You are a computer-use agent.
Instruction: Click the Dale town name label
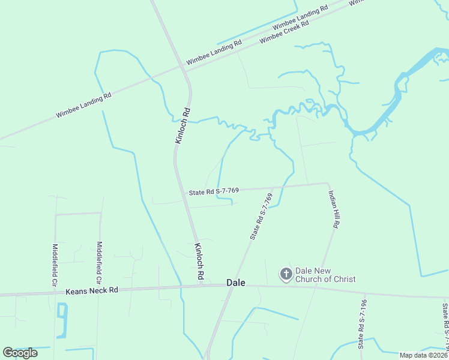pyautogui.click(x=236, y=283)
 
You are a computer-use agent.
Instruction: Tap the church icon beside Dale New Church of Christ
pyautogui.click(x=286, y=275)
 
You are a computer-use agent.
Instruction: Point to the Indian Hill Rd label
pyautogui.click(x=334, y=209)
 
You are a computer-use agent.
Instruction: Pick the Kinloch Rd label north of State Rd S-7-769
pyautogui.click(x=182, y=125)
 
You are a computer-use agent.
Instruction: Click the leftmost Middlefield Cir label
pyautogui.click(x=55, y=265)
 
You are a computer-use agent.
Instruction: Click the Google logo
pyautogui.click(x=20, y=353)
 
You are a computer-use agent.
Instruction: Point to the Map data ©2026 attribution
pyautogui.click(x=423, y=355)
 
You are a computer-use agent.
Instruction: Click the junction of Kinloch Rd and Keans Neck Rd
pyautogui.click(x=200, y=286)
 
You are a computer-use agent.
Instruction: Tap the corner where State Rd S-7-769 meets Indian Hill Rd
pyautogui.click(x=327, y=183)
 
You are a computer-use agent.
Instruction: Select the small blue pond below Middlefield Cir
pyautogui.click(x=61, y=312)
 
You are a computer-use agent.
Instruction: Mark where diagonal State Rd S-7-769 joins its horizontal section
pyautogui.click(x=274, y=187)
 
